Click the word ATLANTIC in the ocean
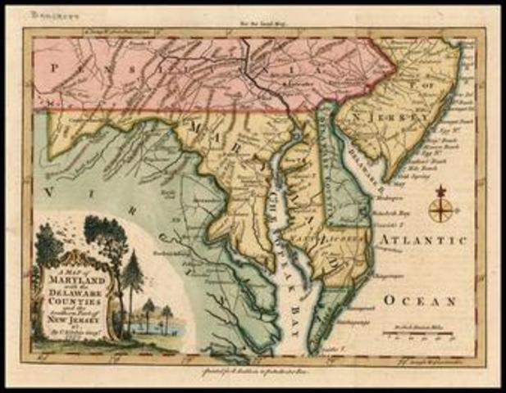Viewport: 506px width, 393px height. pos(422,240)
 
